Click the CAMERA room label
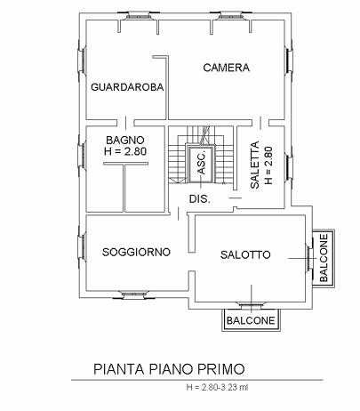[x=227, y=68]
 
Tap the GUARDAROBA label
[x=127, y=87]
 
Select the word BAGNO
[x=125, y=140]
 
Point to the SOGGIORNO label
[x=136, y=252]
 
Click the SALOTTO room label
[x=245, y=254]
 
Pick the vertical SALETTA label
[x=255, y=165]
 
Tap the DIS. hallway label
[x=200, y=199]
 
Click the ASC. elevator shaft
[x=201, y=164]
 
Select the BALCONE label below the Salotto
[x=251, y=320]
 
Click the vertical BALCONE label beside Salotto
[x=324, y=258]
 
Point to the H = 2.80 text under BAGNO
[x=125, y=151]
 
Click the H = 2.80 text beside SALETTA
[x=268, y=165]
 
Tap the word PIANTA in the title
[x=119, y=369]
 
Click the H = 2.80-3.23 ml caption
[x=217, y=387]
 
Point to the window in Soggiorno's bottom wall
[x=134, y=294]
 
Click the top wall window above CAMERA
[x=230, y=15]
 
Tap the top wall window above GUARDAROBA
[x=138, y=15]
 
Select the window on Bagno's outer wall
[x=82, y=156]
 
